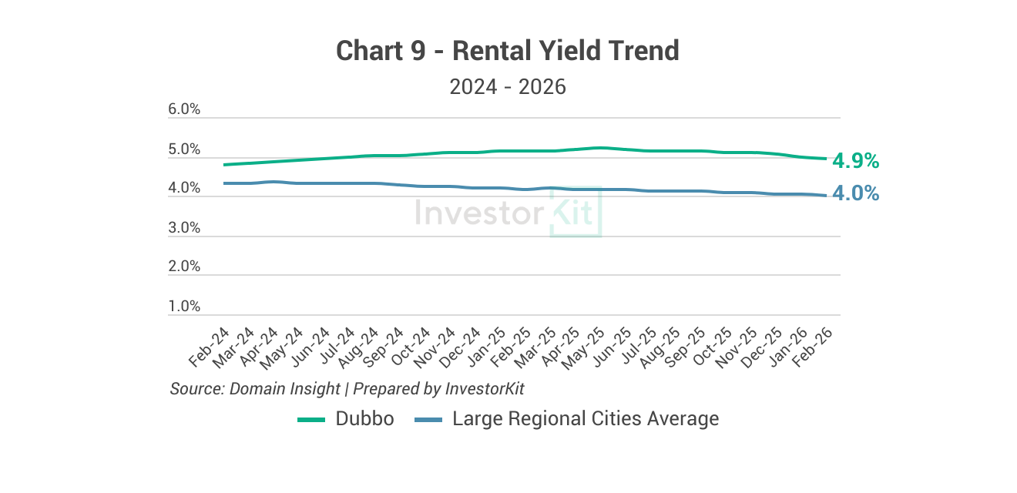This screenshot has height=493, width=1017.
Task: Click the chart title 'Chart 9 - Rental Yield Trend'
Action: point(508,52)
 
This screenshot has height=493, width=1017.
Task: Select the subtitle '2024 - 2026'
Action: point(508,86)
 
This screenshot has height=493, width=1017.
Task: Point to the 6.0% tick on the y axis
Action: point(184,110)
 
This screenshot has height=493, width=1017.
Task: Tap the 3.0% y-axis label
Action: point(184,228)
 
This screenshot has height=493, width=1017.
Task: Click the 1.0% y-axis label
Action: point(184,307)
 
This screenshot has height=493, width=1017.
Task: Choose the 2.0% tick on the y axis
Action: point(184,267)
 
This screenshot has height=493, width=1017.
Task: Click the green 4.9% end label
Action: point(855,161)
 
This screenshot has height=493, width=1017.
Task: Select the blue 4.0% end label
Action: point(855,193)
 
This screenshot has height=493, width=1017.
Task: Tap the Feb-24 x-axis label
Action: point(210,347)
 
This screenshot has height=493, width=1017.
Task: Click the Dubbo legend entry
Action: point(364,419)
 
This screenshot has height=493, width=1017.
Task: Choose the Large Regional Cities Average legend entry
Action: point(585,419)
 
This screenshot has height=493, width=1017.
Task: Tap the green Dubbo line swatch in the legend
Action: point(312,420)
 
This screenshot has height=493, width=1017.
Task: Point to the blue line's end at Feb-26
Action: point(826,195)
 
